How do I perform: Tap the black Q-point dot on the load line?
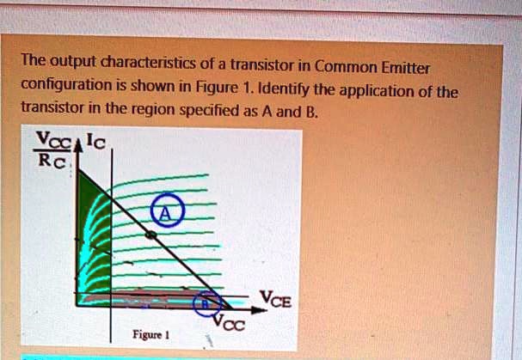click(x=150, y=234)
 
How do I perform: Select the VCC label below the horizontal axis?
click(x=230, y=324)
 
